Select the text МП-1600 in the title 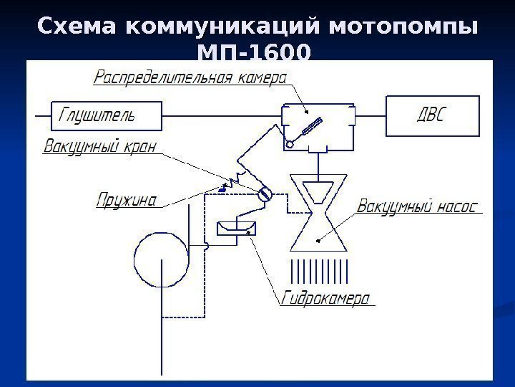tap(254, 54)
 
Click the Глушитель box tap(106, 115)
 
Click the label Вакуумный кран tap(99, 147)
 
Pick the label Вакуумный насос tap(416, 206)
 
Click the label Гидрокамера tap(325, 297)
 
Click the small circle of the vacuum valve tap(264, 194)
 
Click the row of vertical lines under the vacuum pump tap(318, 272)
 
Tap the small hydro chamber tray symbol tap(235, 228)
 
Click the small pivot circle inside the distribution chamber tap(290, 145)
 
